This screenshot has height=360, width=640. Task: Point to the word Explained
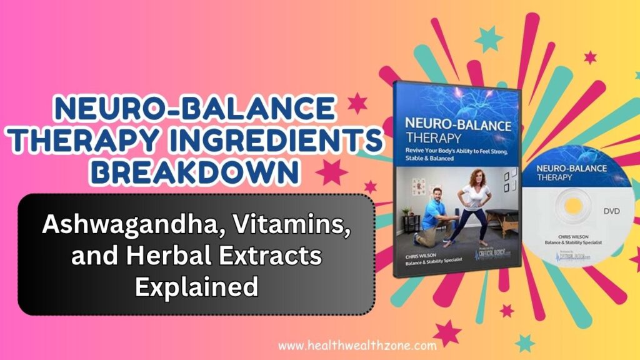197,287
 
